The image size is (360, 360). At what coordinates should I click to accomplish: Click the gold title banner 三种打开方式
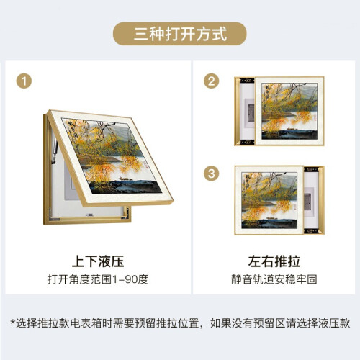pyautogui.click(x=180, y=34)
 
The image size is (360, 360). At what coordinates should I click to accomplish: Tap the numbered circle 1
pyautogui.click(x=24, y=81)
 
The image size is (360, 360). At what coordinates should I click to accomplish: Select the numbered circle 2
pyautogui.click(x=211, y=81)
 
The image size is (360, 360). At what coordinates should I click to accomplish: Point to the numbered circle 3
pyautogui.click(x=211, y=174)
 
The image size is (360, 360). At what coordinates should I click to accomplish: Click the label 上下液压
pyautogui.click(x=98, y=261)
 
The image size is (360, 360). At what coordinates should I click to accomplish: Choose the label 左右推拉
pyautogui.click(x=274, y=261)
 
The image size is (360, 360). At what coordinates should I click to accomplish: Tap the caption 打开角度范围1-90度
pyautogui.click(x=98, y=279)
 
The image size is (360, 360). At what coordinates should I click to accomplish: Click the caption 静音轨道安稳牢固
pyautogui.click(x=274, y=279)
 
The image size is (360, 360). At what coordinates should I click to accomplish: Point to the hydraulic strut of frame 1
pyautogui.click(x=55, y=150)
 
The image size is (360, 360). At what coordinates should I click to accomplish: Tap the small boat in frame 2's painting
pyautogui.click(x=292, y=129)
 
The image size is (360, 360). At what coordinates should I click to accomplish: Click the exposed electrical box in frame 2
pyautogui.click(x=250, y=112)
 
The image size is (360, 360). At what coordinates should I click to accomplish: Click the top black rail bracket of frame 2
pyautogui.click(x=247, y=81)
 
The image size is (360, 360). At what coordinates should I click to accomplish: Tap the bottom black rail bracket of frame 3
pyautogui.click(x=311, y=231)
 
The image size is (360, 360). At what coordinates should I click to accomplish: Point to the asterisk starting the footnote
pyautogui.click(x=13, y=322)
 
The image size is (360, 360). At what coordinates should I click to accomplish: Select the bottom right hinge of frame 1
pyautogui.click(x=125, y=214)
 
